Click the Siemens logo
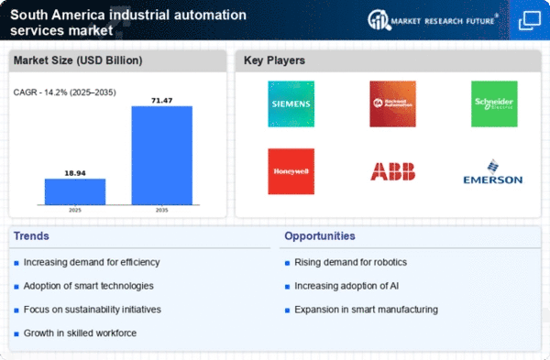coord(291,103)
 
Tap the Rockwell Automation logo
coord(392,103)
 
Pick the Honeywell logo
coord(291,170)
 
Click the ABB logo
coord(392,171)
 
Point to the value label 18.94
coord(75,170)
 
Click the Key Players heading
coord(276,61)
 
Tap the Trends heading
coord(34,235)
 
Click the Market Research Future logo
coord(432,19)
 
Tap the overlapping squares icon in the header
coord(529,19)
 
